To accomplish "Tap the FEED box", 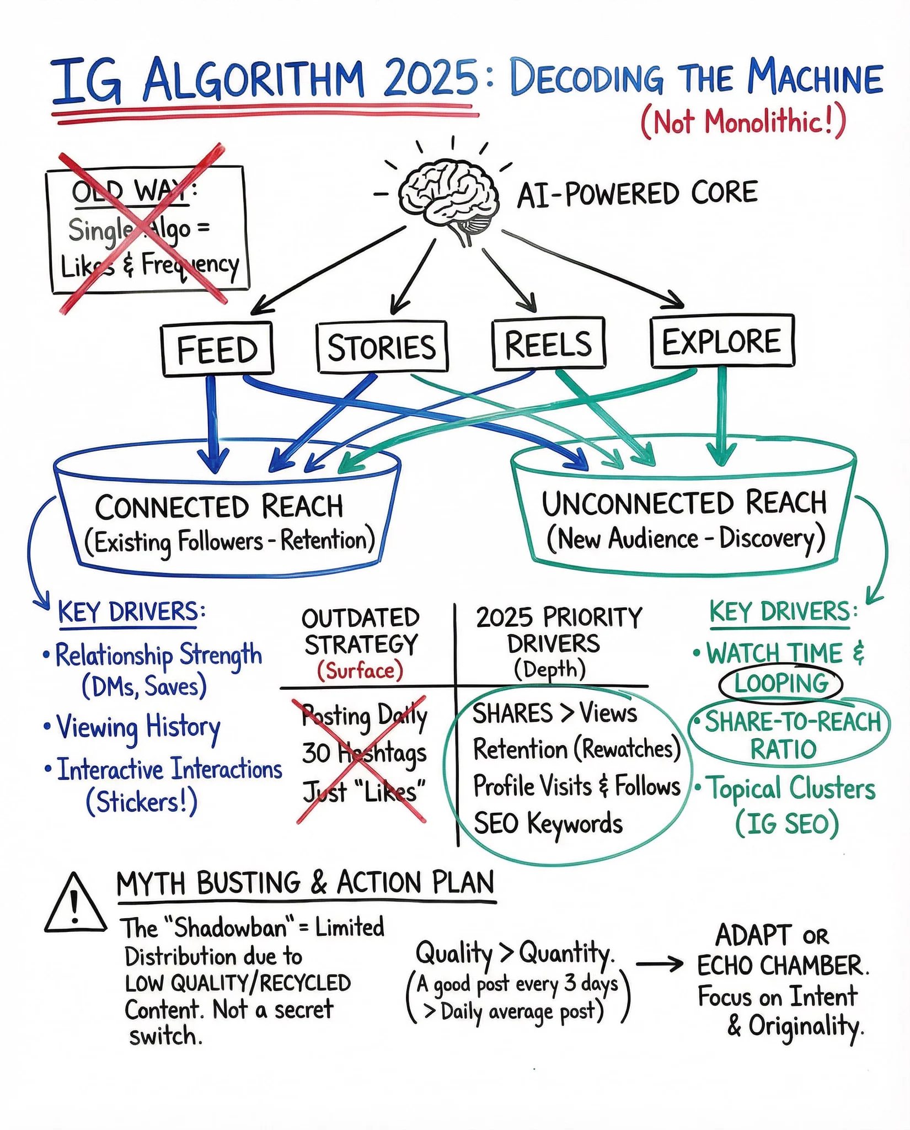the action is [217, 349].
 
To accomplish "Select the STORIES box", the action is [382, 347].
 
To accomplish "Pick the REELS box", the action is [549, 343].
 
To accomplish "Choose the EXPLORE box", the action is [722, 341].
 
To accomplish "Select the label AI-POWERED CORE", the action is [637, 194].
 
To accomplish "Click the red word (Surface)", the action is [360, 670].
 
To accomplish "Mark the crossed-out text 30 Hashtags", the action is [364, 753].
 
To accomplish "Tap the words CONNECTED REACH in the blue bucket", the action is [219, 507].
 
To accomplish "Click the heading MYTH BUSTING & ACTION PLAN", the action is [306, 883].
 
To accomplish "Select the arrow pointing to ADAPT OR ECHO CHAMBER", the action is [660, 964].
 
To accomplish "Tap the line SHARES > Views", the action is [554, 713].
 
